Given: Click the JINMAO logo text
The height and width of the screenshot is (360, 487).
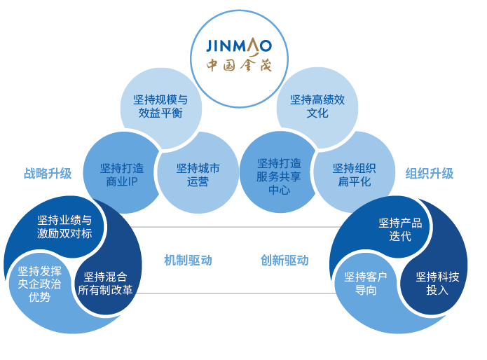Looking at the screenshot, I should (238, 46).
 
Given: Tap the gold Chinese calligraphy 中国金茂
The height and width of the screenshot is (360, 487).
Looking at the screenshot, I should (238, 67).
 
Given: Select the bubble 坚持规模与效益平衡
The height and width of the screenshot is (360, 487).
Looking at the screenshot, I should (160, 106).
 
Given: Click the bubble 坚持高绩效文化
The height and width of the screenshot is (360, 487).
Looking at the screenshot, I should (317, 106).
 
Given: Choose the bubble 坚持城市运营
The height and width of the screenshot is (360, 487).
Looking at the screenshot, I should (198, 175).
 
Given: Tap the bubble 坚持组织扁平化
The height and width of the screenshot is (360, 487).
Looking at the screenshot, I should (354, 175).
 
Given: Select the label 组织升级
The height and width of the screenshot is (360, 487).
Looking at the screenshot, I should (430, 173).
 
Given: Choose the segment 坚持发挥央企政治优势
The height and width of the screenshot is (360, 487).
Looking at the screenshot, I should (39, 284).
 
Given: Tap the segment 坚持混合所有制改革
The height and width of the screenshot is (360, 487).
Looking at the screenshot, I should (105, 282).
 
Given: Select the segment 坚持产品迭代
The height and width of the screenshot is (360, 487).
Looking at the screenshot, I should (400, 229).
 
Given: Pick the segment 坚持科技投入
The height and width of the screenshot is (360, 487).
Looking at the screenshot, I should (437, 282).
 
